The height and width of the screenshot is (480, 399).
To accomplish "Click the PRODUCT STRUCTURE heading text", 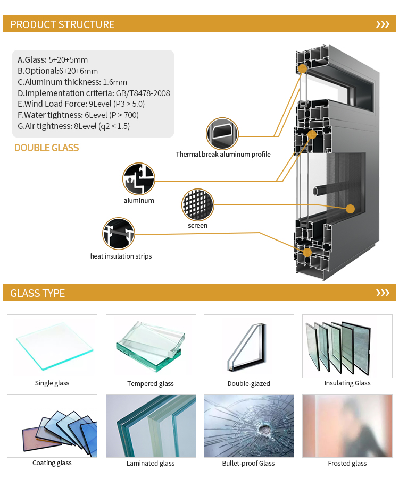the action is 62,24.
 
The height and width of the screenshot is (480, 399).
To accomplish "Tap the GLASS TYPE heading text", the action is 37,293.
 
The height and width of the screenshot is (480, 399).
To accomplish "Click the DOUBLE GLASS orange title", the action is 46,148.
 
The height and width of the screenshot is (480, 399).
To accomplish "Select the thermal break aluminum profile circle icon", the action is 222,134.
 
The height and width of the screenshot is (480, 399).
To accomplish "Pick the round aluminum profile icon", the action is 139,179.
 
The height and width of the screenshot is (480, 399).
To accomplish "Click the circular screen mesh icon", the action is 198,205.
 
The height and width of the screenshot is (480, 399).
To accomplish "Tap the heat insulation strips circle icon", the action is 119,234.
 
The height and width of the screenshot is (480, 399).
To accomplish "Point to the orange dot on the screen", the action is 350,209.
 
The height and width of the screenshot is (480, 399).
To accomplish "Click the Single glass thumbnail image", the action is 52,346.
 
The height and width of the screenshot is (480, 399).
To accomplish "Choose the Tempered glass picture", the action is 151,346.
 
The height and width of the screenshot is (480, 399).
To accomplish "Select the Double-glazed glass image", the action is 249,346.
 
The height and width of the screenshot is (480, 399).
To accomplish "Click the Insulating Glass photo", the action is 347,346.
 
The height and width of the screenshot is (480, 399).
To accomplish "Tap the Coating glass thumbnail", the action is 52,426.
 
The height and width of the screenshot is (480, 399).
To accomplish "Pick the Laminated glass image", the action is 151,426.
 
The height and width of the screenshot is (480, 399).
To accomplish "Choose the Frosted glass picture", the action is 347,426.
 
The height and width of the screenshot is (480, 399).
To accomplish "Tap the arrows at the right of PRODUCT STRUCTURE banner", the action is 383,24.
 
